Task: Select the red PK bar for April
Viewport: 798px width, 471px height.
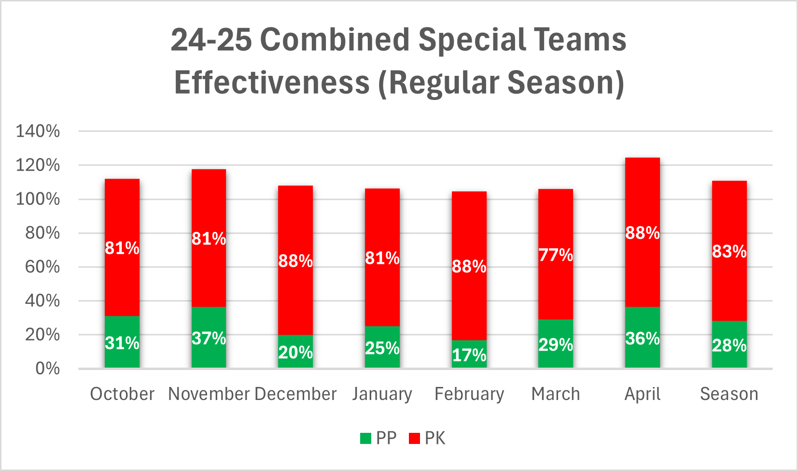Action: point(642,271)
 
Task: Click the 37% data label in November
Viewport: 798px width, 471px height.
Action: point(209,338)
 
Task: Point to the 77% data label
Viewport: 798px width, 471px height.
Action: point(556,255)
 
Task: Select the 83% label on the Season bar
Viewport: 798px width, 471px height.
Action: point(729,251)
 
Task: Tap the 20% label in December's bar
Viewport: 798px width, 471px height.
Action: point(295,352)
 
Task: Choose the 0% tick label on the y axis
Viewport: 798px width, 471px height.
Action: point(47,369)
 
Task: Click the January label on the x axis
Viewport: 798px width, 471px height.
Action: point(382,394)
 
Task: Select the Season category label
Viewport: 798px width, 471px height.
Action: point(729,394)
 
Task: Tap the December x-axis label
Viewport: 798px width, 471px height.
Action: point(295,394)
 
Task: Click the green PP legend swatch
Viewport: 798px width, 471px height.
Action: point(365,439)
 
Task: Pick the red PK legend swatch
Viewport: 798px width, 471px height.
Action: point(414,439)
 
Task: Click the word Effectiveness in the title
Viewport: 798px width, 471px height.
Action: point(272,83)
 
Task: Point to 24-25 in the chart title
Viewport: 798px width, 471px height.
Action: point(211,39)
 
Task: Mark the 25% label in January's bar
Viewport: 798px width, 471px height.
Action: point(382,348)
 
